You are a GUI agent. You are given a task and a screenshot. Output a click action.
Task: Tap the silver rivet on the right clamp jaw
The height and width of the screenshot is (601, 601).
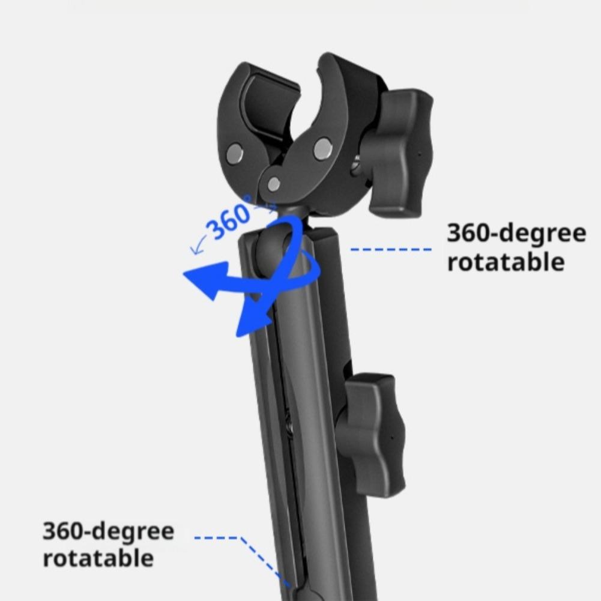[322, 147]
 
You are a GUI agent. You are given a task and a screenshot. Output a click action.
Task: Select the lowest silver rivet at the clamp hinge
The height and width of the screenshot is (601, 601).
[273, 184]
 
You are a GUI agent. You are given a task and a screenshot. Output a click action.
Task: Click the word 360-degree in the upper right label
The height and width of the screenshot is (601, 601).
[516, 233]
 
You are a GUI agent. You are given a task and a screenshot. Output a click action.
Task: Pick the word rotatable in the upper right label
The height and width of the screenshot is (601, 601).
[506, 262]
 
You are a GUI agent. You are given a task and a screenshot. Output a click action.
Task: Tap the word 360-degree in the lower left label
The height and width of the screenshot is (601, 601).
[108, 531]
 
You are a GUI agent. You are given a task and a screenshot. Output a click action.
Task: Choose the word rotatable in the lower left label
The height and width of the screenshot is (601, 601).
[98, 558]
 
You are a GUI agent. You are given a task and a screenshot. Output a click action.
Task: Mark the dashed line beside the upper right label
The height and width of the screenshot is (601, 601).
[391, 249]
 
